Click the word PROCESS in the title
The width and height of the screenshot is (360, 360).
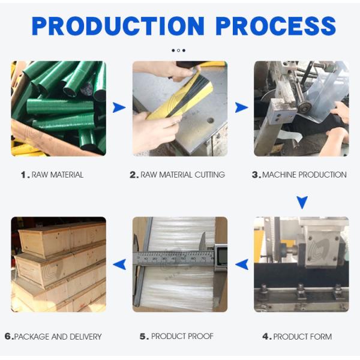[276, 26]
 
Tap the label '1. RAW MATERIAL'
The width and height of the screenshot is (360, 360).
[52, 175]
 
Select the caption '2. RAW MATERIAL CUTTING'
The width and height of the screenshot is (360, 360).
[177, 175]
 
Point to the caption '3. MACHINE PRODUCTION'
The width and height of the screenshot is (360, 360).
[299, 175]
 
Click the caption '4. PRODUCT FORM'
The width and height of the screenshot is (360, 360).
[297, 337]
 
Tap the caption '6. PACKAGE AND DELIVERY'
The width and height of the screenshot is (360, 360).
[53, 337]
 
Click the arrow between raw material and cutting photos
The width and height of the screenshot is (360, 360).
[119, 107]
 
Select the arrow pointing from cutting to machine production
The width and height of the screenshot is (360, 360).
[241, 107]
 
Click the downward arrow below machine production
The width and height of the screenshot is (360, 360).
[302, 202]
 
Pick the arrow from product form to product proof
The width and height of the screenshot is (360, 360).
[242, 264]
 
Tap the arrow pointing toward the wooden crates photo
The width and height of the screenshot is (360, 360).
[119, 264]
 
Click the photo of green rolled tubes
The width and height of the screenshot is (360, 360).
[58, 108]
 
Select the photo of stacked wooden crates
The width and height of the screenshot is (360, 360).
[58, 264]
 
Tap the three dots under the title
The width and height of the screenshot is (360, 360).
[178, 50]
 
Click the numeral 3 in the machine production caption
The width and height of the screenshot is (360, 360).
[255, 175]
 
